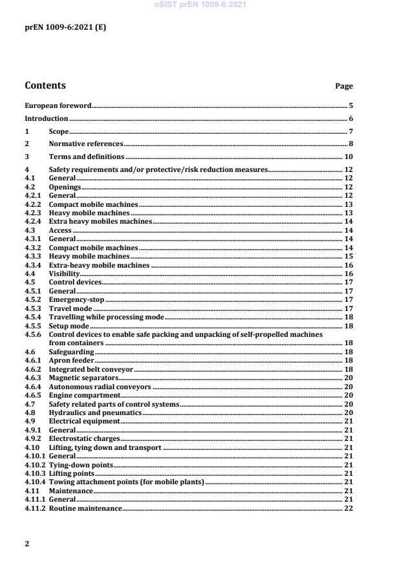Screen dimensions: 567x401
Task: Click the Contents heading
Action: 45,85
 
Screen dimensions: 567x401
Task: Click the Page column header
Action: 344,86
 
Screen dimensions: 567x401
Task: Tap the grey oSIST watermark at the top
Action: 200,5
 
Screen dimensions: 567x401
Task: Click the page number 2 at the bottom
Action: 27,544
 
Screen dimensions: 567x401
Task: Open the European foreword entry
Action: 58,105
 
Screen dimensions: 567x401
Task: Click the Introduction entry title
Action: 46,118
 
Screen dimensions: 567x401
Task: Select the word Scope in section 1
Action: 58,131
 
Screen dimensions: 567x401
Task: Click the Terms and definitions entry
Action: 87,157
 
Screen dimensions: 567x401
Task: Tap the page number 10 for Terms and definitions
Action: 348,157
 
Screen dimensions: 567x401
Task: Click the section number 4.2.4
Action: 33,221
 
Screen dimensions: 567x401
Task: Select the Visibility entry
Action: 65,274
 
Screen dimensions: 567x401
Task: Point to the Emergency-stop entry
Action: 76,300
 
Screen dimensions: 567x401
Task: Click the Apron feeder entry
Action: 72,360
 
